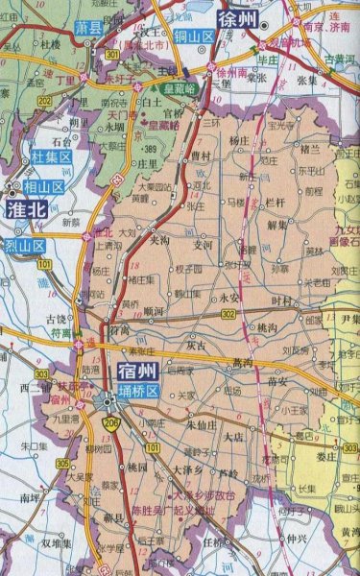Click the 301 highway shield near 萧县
[x=88, y=56]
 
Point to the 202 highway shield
[x=44, y=98]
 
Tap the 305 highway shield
[x=62, y=464]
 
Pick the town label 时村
[x=280, y=300]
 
